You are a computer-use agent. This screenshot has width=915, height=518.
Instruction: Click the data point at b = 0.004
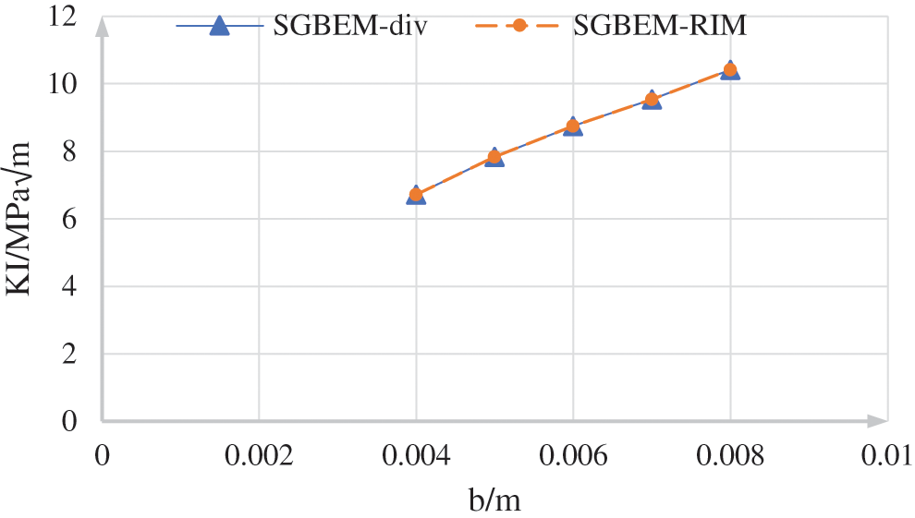pos(416,194)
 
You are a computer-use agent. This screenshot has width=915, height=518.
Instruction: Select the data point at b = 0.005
pos(494,157)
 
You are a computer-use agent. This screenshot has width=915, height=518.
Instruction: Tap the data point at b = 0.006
pos(573,126)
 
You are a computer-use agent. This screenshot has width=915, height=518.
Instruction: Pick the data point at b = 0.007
pos(652,99)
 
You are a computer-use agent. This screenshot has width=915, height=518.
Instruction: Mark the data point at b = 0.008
pos(730,69)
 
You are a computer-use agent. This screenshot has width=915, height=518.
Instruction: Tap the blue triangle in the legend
pos(219,26)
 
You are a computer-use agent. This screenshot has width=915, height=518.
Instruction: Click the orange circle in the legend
pos(519,26)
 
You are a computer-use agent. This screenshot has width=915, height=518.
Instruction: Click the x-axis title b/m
pos(495,500)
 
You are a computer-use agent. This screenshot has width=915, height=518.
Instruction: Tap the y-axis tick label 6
pos(80,219)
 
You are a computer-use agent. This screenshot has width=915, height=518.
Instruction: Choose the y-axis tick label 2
pos(80,354)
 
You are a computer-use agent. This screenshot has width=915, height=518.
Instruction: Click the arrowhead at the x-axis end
pos(877,421)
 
